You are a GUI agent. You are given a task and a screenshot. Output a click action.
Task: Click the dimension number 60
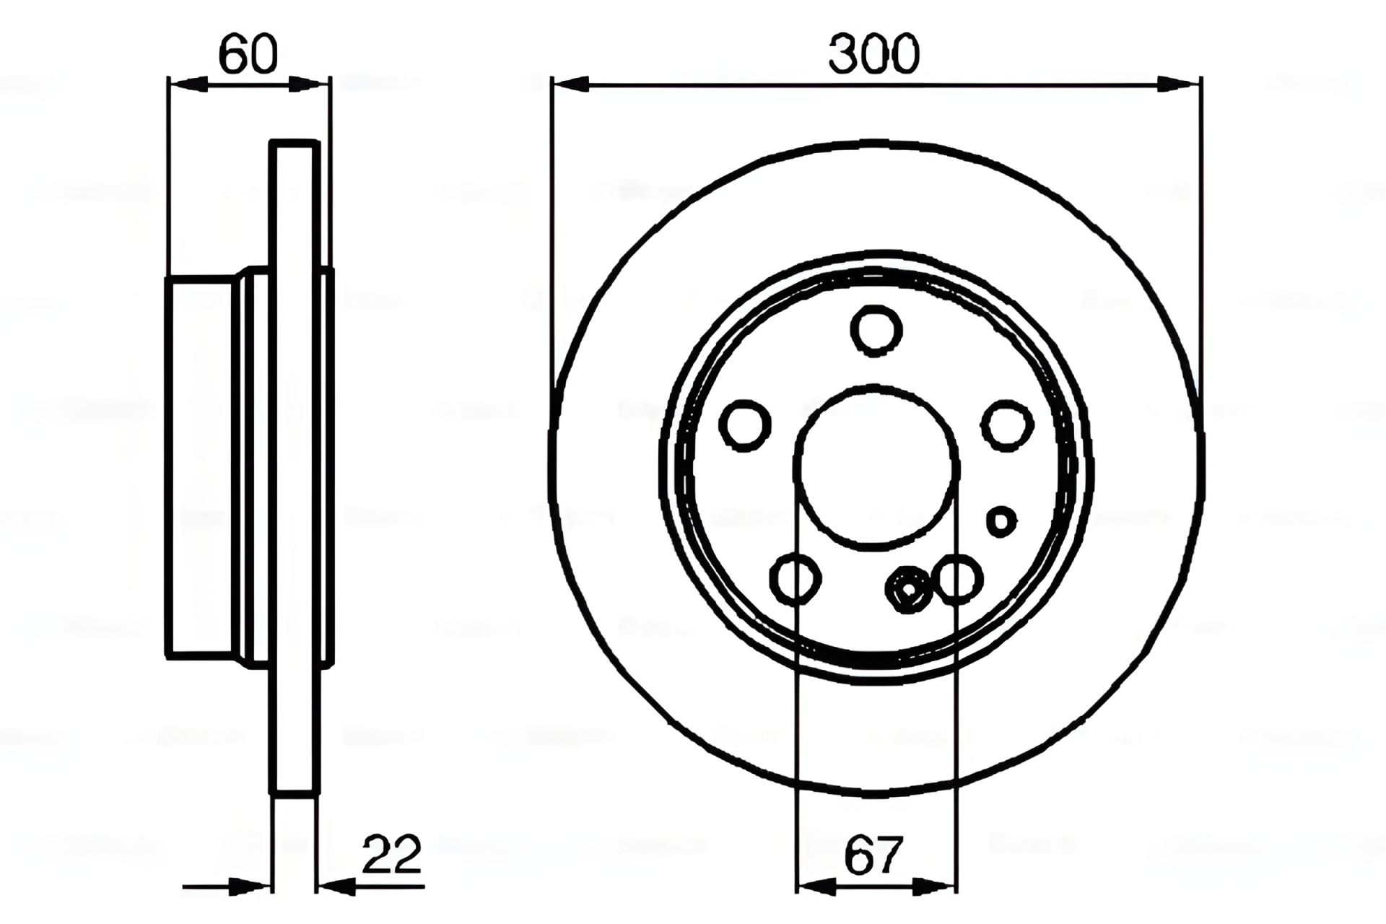click(248, 55)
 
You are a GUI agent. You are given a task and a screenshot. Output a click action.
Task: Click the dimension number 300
click(874, 55)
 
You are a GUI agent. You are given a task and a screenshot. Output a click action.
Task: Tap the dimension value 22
click(391, 855)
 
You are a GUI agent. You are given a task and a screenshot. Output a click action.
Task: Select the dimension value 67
click(873, 855)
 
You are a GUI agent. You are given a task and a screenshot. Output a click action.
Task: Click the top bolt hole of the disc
click(877, 330)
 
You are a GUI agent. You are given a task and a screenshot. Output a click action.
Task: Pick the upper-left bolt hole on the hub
click(745, 425)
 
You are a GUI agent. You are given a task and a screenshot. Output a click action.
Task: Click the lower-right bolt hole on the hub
click(959, 578)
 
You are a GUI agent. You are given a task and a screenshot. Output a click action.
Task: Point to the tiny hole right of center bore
click(1001, 520)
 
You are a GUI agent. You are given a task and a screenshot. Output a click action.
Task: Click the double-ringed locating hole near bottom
click(908, 590)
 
